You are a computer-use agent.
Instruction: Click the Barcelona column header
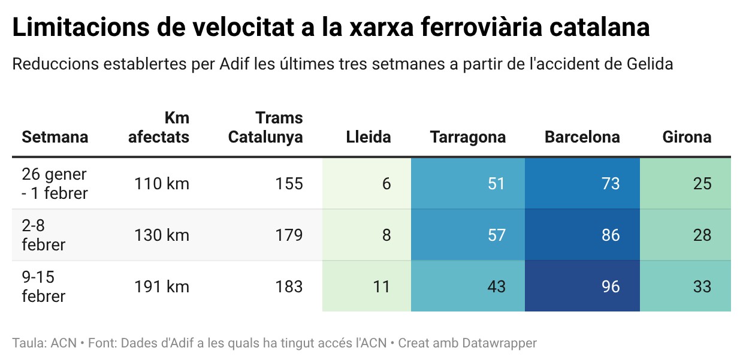582,137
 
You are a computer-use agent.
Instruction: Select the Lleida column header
369,137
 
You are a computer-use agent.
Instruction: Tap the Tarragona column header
468,137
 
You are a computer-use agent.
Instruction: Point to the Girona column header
687,137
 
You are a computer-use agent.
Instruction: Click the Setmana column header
55,137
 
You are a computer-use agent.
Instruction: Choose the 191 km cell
161,286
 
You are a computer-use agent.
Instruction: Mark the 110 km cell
161,183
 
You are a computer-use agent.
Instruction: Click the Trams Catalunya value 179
289,235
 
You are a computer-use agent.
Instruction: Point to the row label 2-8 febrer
43,235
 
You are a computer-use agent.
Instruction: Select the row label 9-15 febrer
43,286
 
